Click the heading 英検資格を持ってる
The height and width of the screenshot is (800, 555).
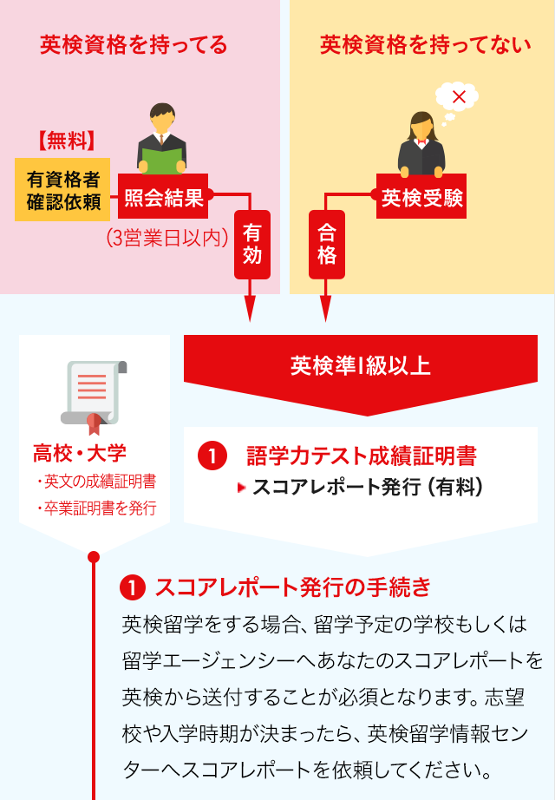tap(134, 45)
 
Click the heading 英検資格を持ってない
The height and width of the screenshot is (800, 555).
tap(426, 45)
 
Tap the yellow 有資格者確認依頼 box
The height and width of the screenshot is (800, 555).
tap(62, 190)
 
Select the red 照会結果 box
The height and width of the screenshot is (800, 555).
tap(163, 196)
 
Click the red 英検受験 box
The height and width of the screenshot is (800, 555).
tap(421, 196)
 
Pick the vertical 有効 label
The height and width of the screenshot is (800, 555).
tap(252, 245)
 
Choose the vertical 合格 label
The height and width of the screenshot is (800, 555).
tap(326, 245)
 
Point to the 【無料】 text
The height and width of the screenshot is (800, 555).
tap(67, 141)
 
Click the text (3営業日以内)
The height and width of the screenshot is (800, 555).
tap(166, 238)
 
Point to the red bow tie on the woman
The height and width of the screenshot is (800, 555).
tap(421, 143)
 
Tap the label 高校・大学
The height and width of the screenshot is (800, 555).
tap(80, 453)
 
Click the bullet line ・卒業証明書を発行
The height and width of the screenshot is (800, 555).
tap(96, 508)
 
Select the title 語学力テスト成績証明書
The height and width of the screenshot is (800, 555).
tap(361, 456)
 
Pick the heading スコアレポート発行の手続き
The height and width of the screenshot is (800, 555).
tap(293, 587)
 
